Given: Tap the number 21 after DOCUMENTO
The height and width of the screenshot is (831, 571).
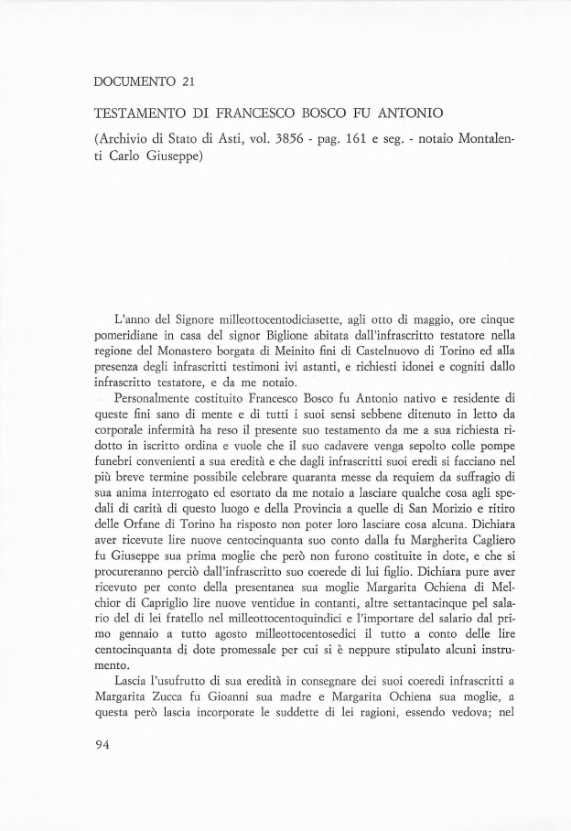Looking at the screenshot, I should pos(189,82).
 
